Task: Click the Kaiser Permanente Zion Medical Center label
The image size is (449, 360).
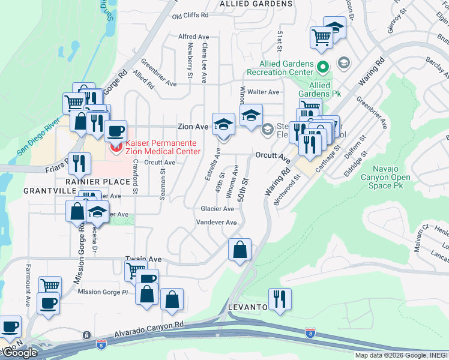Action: [x=162, y=148]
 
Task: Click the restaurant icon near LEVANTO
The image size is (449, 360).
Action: [x=280, y=298]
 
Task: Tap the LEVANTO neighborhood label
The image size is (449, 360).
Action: [x=247, y=307]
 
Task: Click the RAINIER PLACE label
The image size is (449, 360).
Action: [x=98, y=181]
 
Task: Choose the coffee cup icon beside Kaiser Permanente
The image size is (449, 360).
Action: [x=116, y=130]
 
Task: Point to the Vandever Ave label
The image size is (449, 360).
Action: [x=217, y=223]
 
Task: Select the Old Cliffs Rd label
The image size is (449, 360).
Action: [x=190, y=15]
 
